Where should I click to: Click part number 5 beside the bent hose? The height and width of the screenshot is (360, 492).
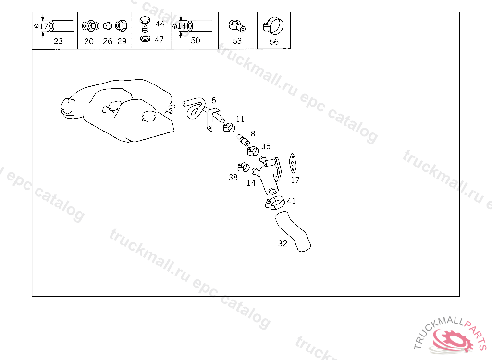[x=214, y=100]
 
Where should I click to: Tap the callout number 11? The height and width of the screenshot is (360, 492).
[x=240, y=119]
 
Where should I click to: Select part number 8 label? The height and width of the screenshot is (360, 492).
[x=253, y=133]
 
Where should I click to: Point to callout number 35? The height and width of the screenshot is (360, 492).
[x=266, y=146]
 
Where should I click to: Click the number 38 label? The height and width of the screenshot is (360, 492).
[x=233, y=177]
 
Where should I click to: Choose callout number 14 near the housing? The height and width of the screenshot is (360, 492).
[x=251, y=183]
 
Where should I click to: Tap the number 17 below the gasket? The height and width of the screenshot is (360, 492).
[x=295, y=180]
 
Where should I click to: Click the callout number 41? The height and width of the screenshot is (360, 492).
[x=292, y=201]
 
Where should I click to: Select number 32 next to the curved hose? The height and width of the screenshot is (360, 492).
[x=283, y=243]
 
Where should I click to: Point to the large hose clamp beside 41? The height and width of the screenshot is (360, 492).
[x=275, y=202]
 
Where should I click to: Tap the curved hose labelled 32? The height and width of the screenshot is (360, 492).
[x=293, y=231]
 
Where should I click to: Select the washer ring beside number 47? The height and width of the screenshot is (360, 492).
[x=145, y=39]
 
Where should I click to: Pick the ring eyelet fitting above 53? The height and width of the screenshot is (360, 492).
[x=237, y=26]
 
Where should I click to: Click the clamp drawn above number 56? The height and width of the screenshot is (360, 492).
[x=273, y=26]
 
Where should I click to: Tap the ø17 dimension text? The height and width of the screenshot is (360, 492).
[x=41, y=26]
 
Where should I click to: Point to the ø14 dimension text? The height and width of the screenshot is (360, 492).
[x=180, y=26]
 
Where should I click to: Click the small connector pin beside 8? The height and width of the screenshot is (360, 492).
[x=243, y=140]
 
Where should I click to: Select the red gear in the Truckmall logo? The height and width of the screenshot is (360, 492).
[x=453, y=340]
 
